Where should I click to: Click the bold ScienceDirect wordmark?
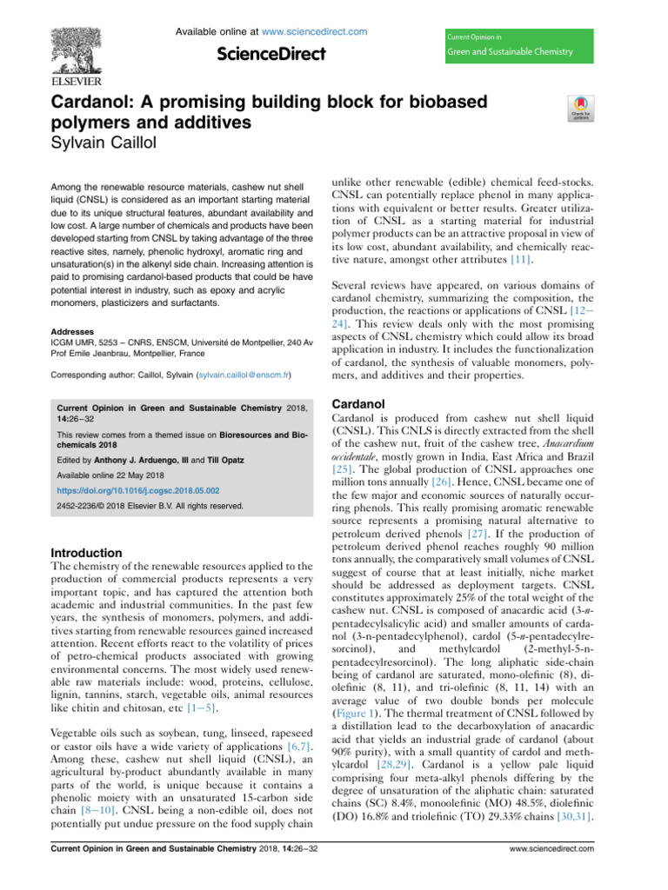[x=271, y=55]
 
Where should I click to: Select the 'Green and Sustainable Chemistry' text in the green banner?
[x=510, y=52]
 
